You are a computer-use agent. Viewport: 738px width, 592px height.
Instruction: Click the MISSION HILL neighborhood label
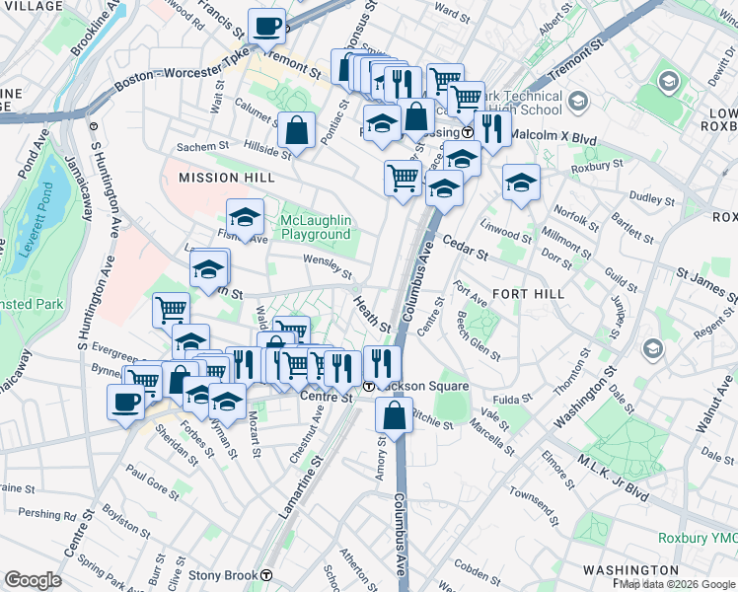click(221, 178)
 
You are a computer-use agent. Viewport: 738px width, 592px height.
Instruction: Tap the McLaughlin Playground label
click(315, 227)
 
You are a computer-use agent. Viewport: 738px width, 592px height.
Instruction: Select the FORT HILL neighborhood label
click(528, 294)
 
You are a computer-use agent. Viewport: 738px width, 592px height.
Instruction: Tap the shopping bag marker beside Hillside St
click(296, 128)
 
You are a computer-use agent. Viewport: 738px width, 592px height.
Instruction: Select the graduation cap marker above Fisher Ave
click(245, 216)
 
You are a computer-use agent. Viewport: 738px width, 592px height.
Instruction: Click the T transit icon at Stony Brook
click(266, 575)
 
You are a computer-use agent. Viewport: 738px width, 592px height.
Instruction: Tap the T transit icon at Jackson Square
click(368, 386)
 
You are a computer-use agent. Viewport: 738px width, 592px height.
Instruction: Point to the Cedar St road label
click(465, 248)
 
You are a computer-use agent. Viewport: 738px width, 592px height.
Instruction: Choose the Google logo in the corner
click(33, 580)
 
